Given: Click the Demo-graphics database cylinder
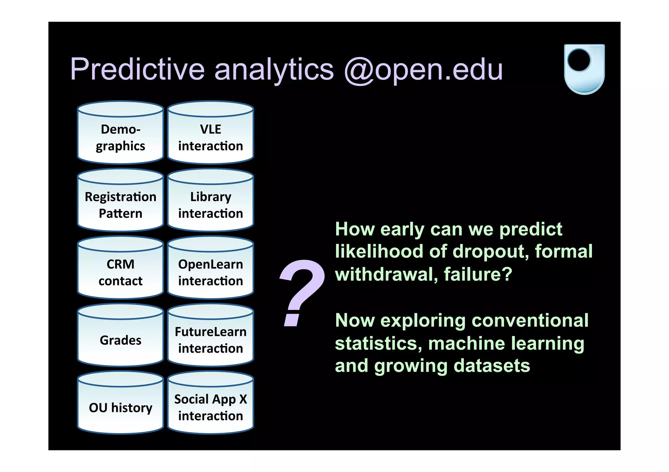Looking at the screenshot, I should tap(120, 137).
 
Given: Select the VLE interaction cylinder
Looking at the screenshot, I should tap(210, 137).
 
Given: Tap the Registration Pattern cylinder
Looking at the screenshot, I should tap(120, 205).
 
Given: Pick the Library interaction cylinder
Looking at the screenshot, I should tap(210, 205).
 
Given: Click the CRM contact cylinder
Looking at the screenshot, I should tap(120, 272).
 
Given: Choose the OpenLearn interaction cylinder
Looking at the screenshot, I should tap(210, 272).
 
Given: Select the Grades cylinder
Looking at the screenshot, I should tap(120, 340).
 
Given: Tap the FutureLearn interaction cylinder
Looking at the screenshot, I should tap(210, 340).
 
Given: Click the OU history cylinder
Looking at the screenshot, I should tap(120, 407).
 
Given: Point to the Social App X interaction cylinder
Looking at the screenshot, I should tap(210, 407).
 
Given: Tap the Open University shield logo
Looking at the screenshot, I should tap(584, 69).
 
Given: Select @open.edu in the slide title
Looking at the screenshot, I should tap(423, 70).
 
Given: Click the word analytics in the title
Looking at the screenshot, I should tap(274, 70).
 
